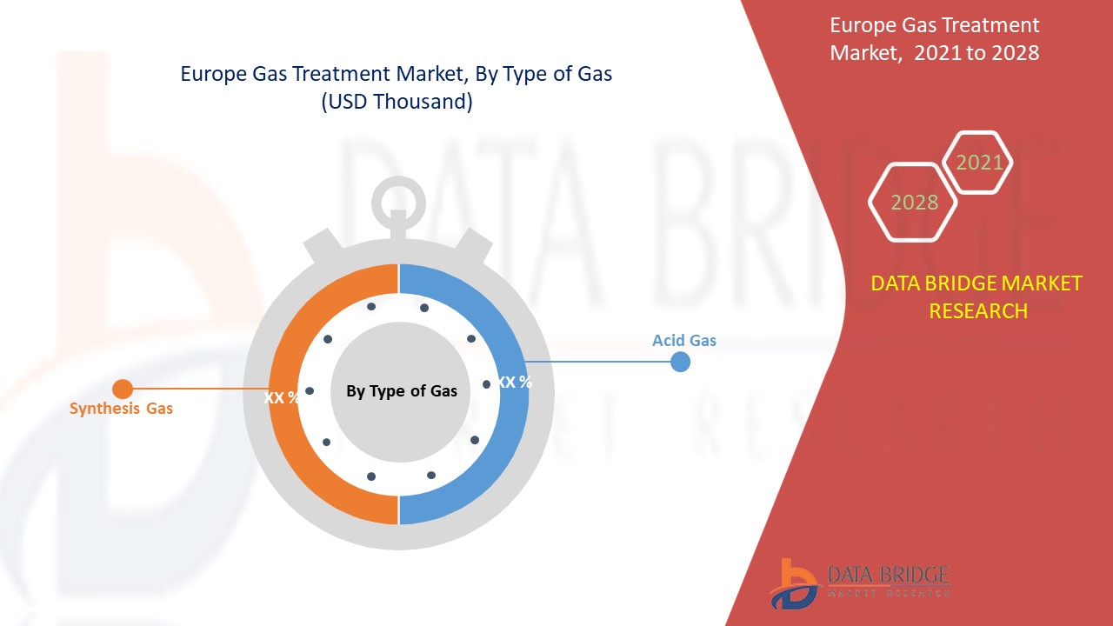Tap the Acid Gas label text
click(684, 340)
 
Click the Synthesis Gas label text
click(121, 408)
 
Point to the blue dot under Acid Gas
click(680, 362)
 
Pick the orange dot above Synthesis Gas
click(123, 389)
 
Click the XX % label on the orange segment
click(282, 397)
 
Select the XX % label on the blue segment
click(515, 382)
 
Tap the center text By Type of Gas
click(401, 391)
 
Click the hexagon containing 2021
click(979, 163)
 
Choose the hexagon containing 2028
click(914, 203)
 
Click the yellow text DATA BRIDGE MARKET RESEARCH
click(977, 296)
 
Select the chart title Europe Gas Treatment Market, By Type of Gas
click(397, 74)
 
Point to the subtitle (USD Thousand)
click(397, 102)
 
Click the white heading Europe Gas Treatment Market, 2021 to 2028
click(934, 39)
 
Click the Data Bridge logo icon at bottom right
click(793, 583)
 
